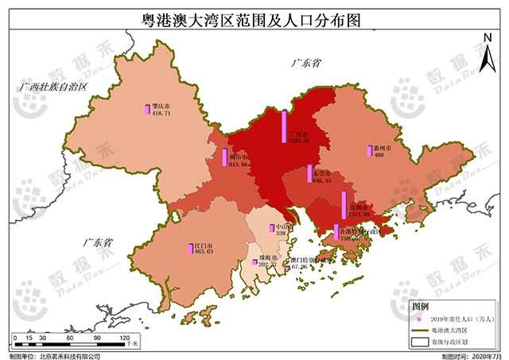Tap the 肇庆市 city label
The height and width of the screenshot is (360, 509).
[x=162, y=106]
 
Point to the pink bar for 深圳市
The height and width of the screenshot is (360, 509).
[x=344, y=204]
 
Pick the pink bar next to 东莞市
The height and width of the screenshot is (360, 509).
[x=309, y=173]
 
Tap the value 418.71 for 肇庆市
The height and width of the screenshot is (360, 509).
[x=161, y=114]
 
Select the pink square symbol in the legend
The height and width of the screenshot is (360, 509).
[x=418, y=318]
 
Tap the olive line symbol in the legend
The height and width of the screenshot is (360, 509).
[x=419, y=329]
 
